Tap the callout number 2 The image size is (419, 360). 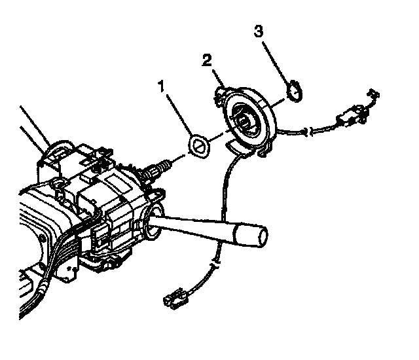(207, 61)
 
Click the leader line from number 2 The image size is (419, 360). (216, 75)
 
